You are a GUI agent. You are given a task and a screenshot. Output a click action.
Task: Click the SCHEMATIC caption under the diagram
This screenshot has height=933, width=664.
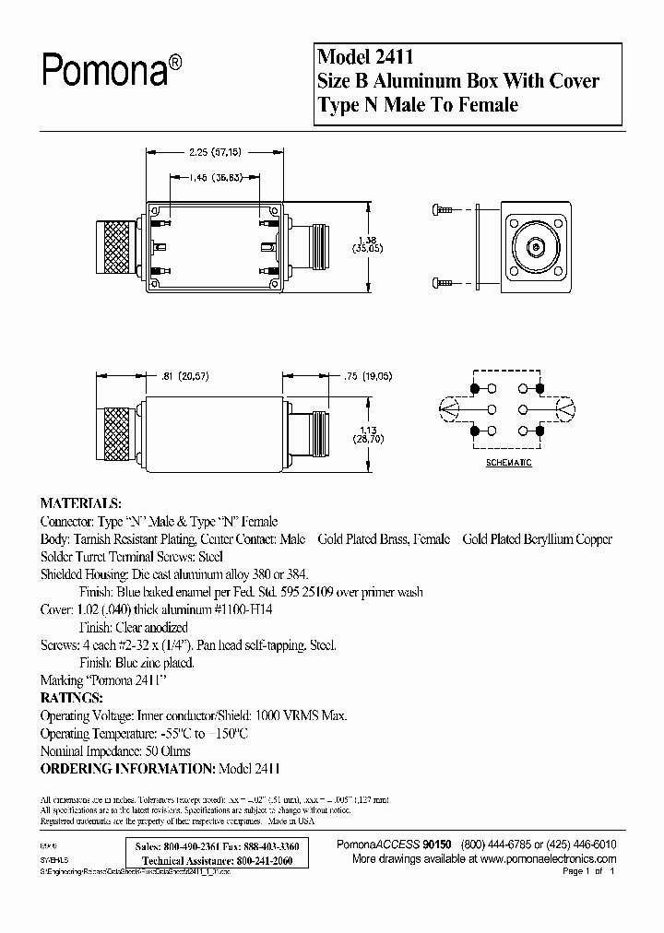click(x=509, y=463)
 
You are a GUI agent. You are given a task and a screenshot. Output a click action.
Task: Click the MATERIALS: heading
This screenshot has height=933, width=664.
click(x=80, y=504)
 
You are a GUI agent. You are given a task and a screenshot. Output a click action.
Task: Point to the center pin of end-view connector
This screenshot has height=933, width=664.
click(x=535, y=247)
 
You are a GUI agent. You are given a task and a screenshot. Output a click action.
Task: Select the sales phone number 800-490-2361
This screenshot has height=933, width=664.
click(x=191, y=846)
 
